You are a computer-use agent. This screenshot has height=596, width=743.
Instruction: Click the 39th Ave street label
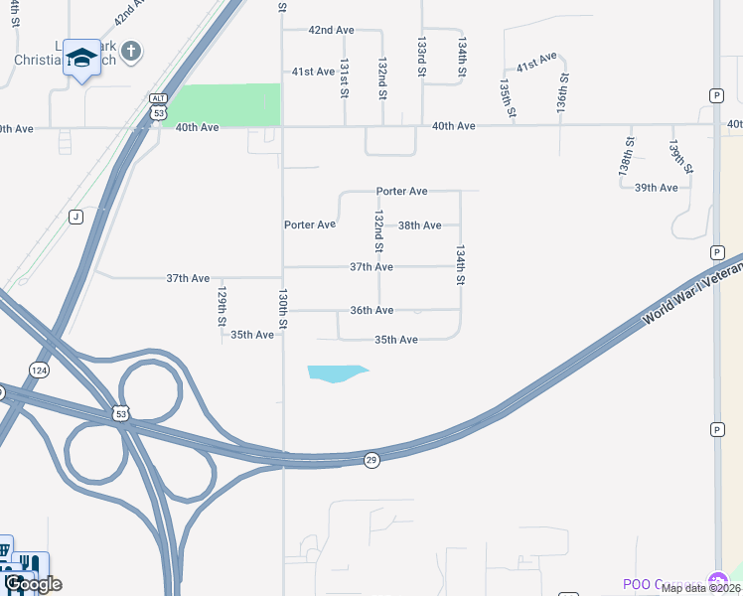click(x=656, y=188)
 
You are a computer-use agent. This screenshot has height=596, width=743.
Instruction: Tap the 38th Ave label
click(x=419, y=225)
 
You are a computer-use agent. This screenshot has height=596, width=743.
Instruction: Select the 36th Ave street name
click(x=371, y=311)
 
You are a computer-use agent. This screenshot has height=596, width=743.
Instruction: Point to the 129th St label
click(x=223, y=306)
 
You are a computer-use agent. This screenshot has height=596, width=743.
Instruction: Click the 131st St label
click(x=345, y=77)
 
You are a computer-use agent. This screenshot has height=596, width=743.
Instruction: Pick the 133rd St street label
click(x=422, y=58)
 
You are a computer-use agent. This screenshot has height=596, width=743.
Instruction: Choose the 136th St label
click(x=562, y=91)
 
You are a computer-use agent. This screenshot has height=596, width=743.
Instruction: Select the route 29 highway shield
click(x=371, y=460)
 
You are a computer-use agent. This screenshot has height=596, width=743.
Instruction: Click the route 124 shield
click(x=39, y=370)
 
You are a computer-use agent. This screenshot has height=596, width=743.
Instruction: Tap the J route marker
click(x=75, y=217)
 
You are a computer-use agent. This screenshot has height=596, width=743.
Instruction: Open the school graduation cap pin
click(x=82, y=58)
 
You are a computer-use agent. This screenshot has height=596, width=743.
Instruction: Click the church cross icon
click(x=133, y=51)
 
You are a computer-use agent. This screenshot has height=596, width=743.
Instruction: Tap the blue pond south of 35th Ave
click(x=337, y=373)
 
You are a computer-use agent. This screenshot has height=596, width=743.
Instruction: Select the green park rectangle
click(x=225, y=105)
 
